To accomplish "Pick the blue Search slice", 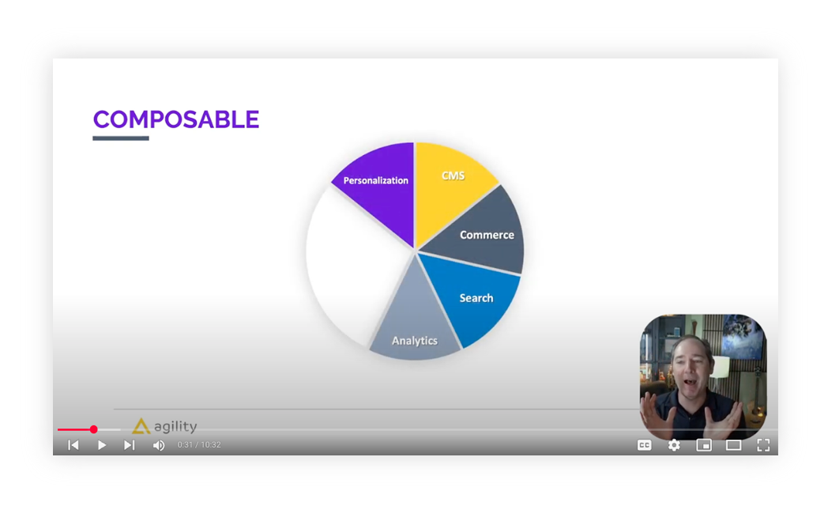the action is [470, 296].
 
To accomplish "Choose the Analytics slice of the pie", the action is [415, 327].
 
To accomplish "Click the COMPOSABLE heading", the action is [176, 120].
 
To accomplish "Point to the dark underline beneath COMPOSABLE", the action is [121, 138].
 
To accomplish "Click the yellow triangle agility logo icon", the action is [141, 425].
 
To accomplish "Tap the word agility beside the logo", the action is [175, 427].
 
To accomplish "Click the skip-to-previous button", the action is [73, 445].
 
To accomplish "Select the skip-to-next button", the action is [129, 445].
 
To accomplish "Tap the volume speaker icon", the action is [159, 445].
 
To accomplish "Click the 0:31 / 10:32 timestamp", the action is [199, 445].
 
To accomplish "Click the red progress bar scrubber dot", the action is [93, 429].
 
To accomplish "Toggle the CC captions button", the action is [644, 445].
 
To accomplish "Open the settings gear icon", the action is [674, 445].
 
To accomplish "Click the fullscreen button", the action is [763, 445].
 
